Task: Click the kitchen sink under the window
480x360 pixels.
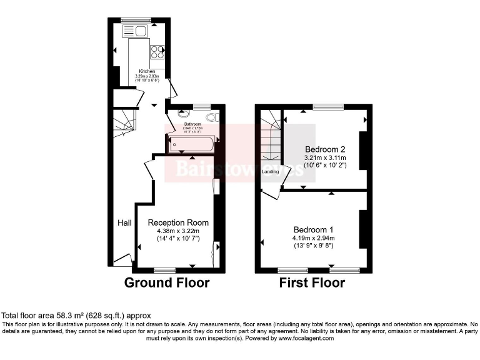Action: pyautogui.click(x=137, y=31)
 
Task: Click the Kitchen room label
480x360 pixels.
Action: pyautogui.click(x=147, y=71)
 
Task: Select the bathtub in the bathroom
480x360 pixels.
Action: pyautogui.click(x=191, y=145)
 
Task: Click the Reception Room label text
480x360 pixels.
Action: pyautogui.click(x=178, y=222)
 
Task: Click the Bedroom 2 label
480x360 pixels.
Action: pyautogui.click(x=325, y=149)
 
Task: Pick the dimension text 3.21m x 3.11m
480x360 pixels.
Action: pyautogui.click(x=325, y=158)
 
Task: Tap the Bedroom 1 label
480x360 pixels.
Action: pyautogui.click(x=313, y=229)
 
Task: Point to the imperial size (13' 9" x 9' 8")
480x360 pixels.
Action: pyautogui.click(x=313, y=246)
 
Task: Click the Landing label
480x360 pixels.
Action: pyautogui.click(x=270, y=171)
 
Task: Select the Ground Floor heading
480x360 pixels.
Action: pyautogui.click(x=167, y=282)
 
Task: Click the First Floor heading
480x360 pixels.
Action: pyautogui.click(x=312, y=282)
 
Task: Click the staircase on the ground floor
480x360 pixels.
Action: pyautogui.click(x=124, y=121)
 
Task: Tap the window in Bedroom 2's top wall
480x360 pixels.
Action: pyautogui.click(x=328, y=107)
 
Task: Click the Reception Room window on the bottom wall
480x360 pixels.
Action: pyautogui.click(x=165, y=270)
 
